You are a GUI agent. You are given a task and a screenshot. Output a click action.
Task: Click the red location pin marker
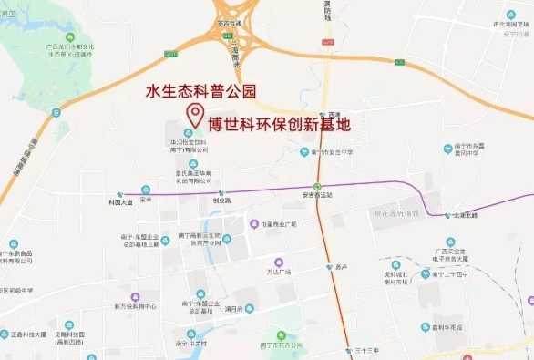tap(194, 115)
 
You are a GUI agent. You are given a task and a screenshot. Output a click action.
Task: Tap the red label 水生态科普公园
tap(201, 92)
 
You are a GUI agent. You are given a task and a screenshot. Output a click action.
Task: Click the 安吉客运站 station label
tap(319, 194)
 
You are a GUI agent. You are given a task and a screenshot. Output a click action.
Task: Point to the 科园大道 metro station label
tap(120, 201)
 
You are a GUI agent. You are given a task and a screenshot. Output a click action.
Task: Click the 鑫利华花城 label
tap(447, 328)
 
